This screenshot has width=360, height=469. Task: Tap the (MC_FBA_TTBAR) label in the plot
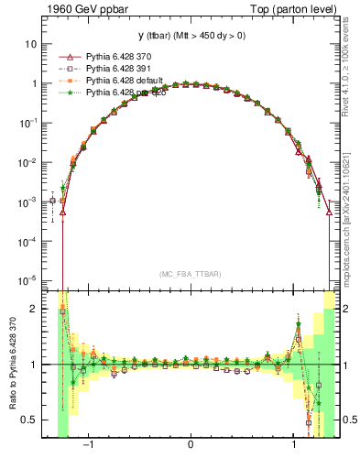point(191,274)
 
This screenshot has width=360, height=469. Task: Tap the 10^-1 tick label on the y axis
point(29,122)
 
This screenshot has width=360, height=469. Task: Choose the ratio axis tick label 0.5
point(30,420)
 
